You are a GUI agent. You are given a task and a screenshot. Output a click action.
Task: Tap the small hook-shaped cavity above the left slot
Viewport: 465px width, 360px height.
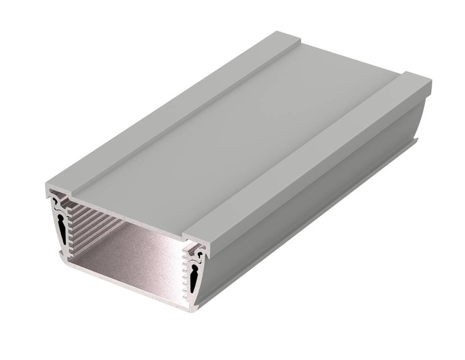coord(56,202)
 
